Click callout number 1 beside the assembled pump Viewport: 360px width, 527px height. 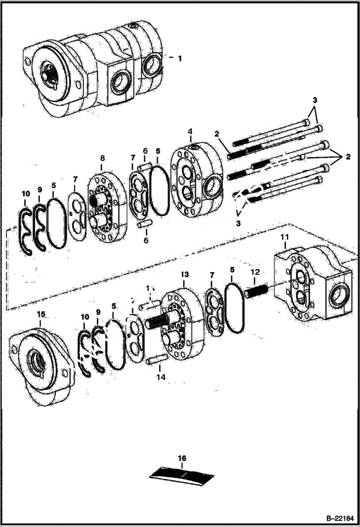click(180, 58)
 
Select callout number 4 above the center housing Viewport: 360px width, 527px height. click(191, 131)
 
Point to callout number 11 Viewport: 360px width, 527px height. click(285, 237)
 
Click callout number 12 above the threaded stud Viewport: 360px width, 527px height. click(255, 272)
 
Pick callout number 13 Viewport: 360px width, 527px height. click(185, 274)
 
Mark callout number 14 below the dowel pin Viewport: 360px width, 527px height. click(161, 378)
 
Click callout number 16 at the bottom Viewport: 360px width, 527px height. click(182, 458)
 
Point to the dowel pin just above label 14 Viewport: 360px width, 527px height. click(158, 358)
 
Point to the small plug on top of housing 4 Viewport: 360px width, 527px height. click(193, 147)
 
